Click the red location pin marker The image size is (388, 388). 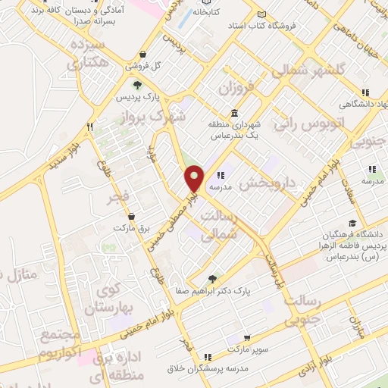pyautogui.click(x=195, y=177)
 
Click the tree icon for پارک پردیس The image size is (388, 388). pyautogui.click(x=137, y=85)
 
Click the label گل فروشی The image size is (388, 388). pyautogui.click(x=145, y=66)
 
